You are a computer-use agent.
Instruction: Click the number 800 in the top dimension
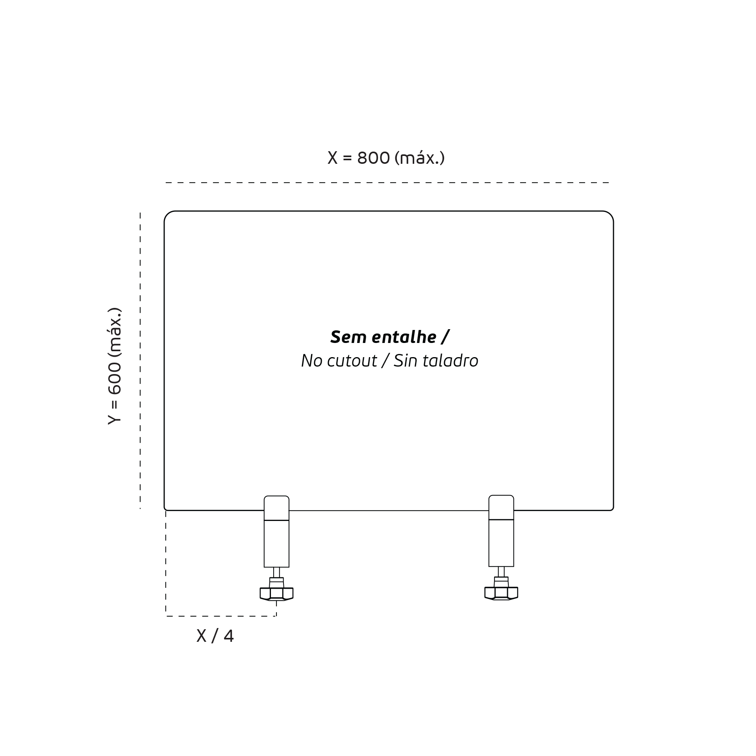pos(373,158)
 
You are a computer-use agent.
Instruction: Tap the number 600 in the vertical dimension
pos(115,378)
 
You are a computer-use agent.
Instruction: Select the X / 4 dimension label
pos(215,636)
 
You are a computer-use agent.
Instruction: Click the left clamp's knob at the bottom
pos(276,594)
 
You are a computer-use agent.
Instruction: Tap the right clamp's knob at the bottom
pos(501,593)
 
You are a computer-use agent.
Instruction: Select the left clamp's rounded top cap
pos(276,508)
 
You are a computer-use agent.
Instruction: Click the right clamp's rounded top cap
pos(501,507)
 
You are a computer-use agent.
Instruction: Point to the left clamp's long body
pos(276,544)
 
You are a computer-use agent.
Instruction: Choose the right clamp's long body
pos(501,543)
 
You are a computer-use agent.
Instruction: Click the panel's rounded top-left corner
pos(167,214)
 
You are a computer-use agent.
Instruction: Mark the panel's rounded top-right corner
pos(610,214)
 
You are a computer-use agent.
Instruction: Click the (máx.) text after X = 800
pos(420,158)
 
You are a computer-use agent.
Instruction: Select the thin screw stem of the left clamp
pos(276,573)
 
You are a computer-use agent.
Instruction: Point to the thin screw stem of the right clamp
pos(501,572)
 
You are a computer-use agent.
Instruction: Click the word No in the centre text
pos(312,361)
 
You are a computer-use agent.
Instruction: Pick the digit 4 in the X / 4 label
pos(229,636)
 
